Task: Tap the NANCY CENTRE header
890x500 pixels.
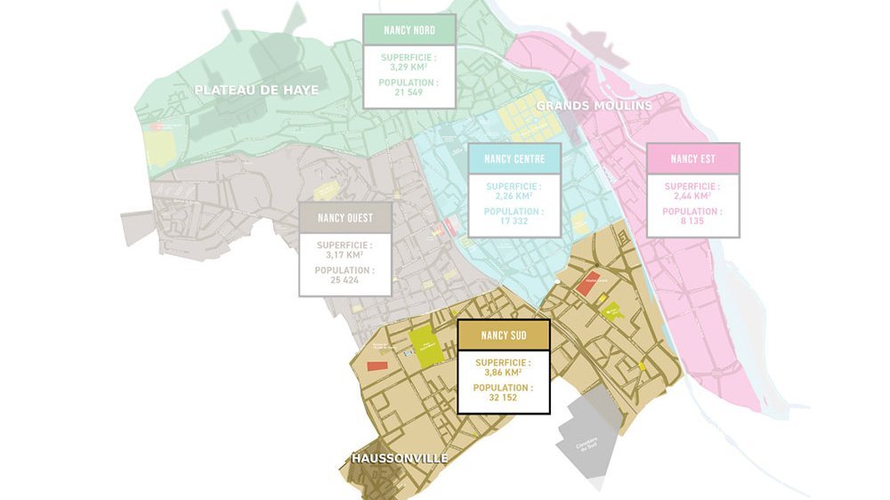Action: tap(515, 159)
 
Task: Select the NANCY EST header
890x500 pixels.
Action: tap(692, 158)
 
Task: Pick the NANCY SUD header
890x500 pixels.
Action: tap(503, 335)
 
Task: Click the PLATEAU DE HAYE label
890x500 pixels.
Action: tap(256, 90)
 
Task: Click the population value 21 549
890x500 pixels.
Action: tap(409, 93)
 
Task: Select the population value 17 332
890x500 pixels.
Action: tap(514, 221)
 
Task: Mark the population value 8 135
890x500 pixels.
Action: tap(692, 221)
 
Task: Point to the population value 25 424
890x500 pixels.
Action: tap(344, 279)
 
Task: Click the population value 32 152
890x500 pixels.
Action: tap(503, 398)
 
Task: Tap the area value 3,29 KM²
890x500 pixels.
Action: tap(409, 66)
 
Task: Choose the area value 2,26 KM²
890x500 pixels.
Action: tap(514, 194)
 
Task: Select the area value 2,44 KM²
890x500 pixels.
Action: tap(692, 194)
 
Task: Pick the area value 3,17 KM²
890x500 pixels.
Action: tap(344, 254)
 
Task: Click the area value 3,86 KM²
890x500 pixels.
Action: tap(503, 372)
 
